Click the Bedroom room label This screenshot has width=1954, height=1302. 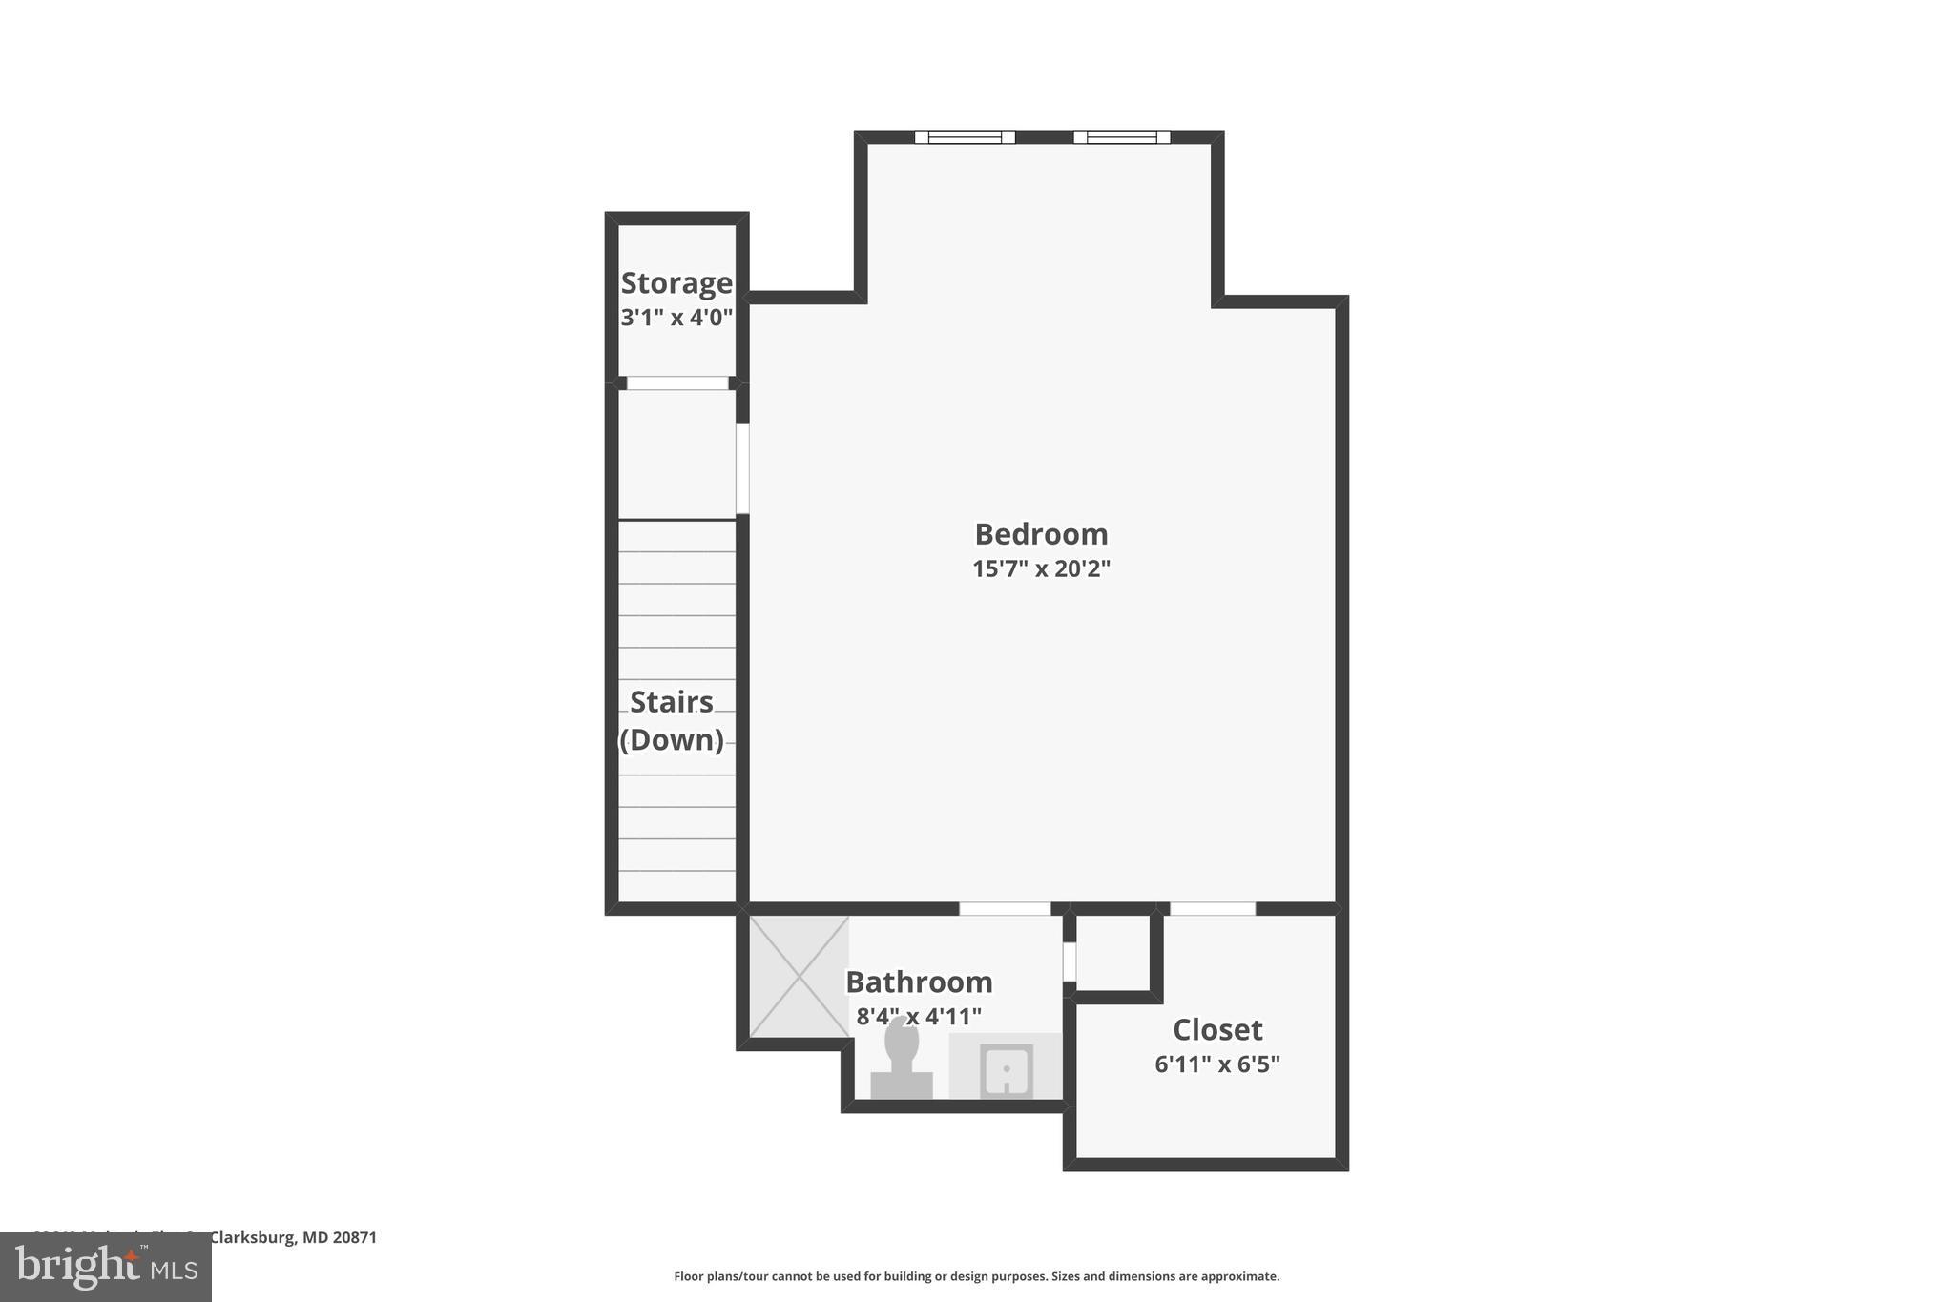pyautogui.click(x=1041, y=533)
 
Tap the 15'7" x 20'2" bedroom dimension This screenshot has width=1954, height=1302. pyautogui.click(x=1041, y=568)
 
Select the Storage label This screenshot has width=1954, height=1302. pyautogui.click(x=676, y=283)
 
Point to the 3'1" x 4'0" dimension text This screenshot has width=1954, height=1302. pyautogui.click(x=676, y=318)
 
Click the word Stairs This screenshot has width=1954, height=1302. pyautogui.click(x=672, y=702)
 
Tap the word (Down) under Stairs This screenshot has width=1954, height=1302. pyautogui.click(x=672, y=739)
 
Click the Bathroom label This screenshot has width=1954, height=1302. pyautogui.click(x=919, y=982)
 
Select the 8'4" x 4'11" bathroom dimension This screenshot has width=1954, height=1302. pyautogui.click(x=919, y=1016)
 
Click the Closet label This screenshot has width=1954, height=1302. pyautogui.click(x=1217, y=1029)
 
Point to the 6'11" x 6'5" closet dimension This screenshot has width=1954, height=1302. pyautogui.click(x=1217, y=1064)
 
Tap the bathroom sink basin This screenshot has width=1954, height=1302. pyautogui.click(x=1007, y=1071)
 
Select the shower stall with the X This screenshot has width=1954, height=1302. pyautogui.click(x=800, y=977)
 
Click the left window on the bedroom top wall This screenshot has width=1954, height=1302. pyautogui.click(x=965, y=137)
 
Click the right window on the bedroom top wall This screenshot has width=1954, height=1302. pyautogui.click(x=1121, y=137)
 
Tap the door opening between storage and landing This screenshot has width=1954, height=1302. pyautogui.click(x=677, y=383)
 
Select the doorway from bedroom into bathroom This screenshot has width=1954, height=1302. pyautogui.click(x=1005, y=909)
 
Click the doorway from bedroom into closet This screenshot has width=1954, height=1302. pyautogui.click(x=1213, y=909)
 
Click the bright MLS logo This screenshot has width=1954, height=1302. pyautogui.click(x=106, y=1267)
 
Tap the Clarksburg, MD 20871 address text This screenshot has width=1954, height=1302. pyautogui.click(x=293, y=1237)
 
